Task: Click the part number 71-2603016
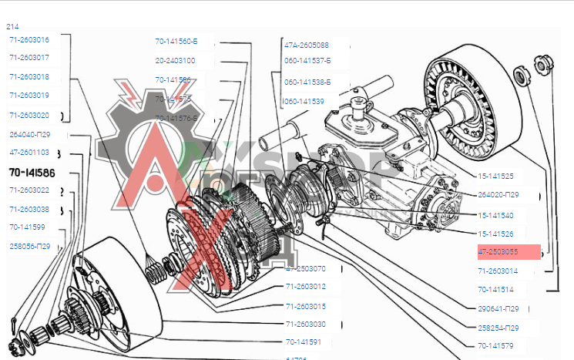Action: tap(29, 39)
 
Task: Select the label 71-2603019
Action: tap(29, 96)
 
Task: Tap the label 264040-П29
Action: tap(30, 134)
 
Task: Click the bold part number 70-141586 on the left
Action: tap(32, 172)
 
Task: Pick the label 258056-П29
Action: tap(30, 246)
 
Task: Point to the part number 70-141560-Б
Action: tap(176, 41)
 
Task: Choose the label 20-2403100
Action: tap(175, 60)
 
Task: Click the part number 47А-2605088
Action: tap(307, 45)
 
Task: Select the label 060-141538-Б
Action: tap(307, 82)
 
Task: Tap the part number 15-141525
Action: tap(495, 177)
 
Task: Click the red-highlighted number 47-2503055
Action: tap(498, 252)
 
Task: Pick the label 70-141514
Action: tap(495, 290)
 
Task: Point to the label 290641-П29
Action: tap(498, 309)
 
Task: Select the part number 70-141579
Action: tap(495, 345)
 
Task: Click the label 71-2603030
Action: tap(306, 324)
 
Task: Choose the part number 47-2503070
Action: tap(306, 269)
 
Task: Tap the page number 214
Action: tap(12, 26)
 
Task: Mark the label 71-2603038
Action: tap(29, 209)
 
